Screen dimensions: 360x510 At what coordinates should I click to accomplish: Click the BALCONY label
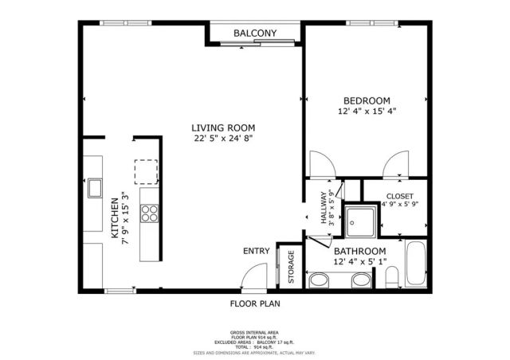point(254,33)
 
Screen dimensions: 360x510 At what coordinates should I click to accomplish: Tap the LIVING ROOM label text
point(222,127)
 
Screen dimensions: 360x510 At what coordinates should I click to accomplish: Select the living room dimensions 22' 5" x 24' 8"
point(222,139)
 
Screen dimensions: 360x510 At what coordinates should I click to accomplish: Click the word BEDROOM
point(367,100)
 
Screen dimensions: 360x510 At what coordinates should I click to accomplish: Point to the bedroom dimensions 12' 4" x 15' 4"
point(367,112)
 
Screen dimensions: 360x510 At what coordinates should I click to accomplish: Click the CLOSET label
point(399,196)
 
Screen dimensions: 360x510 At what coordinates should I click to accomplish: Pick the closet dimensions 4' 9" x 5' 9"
point(399,205)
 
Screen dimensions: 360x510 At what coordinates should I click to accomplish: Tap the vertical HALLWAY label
point(324,208)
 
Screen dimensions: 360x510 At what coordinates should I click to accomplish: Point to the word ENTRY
point(256,252)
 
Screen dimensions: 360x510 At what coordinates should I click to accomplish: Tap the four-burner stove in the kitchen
point(149,213)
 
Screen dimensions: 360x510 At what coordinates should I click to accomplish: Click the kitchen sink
point(95,188)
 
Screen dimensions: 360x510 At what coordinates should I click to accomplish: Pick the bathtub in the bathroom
point(417,264)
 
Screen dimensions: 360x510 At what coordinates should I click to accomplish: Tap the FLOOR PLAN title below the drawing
point(255,303)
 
